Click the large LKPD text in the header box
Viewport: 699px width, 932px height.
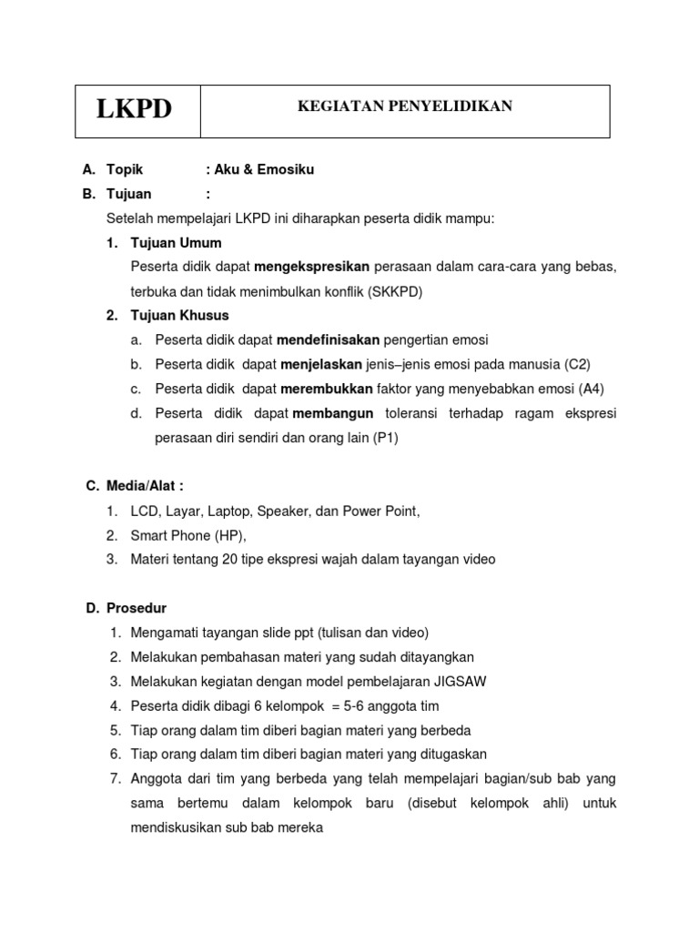click(134, 110)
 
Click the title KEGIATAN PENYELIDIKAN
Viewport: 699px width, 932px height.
click(405, 106)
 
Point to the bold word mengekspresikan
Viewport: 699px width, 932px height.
click(311, 267)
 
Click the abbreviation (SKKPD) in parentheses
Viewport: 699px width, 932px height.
click(396, 291)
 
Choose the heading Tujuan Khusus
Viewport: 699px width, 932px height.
click(179, 316)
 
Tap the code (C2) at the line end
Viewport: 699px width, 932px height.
click(576, 365)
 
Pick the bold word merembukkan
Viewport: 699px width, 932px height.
click(327, 389)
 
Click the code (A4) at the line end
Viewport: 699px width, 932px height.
click(591, 389)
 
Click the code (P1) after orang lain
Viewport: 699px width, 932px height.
click(386, 438)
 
